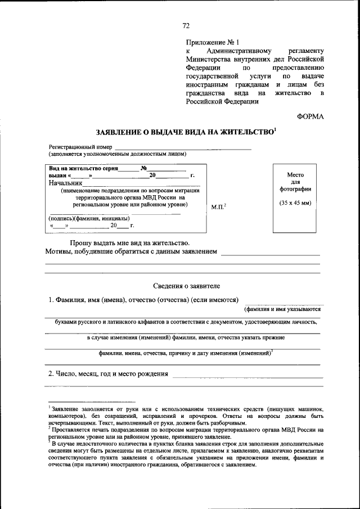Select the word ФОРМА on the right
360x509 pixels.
pyautogui.click(x=310, y=116)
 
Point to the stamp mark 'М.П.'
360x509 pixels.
pyautogui.click(x=217, y=208)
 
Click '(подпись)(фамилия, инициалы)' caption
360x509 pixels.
pyautogui.click(x=90, y=218)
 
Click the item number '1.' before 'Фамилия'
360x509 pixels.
pyautogui.click(x=51, y=300)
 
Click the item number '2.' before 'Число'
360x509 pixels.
pyautogui.click(x=51, y=373)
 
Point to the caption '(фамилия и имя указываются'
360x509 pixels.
pyautogui.click(x=282, y=309)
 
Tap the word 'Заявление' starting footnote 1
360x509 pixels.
pyautogui.click(x=66, y=407)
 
